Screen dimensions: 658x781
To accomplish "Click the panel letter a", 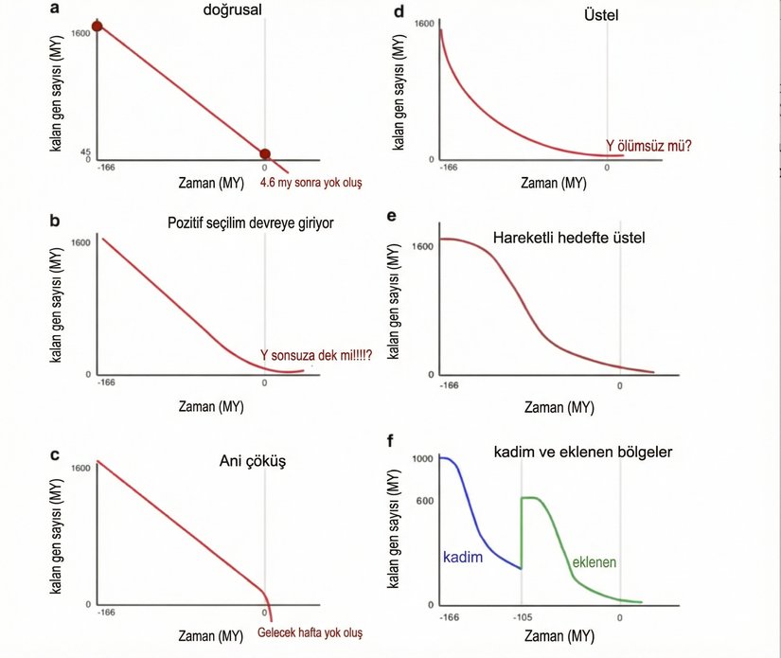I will [56, 9].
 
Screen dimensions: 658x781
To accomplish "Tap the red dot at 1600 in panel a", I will [97, 26].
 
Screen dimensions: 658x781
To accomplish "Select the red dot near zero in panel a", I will [265, 154].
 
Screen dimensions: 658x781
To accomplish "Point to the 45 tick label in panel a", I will [84, 151].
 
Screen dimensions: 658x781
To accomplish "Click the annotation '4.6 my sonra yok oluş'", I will [311, 181].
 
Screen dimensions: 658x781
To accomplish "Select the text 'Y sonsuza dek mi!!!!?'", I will [315, 355].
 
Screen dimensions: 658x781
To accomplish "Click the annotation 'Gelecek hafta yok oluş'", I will [310, 632].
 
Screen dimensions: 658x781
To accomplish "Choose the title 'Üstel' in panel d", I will [575, 15].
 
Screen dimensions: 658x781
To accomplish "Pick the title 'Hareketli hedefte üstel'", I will [569, 238].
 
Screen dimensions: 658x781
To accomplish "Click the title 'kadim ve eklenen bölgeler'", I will [583, 453].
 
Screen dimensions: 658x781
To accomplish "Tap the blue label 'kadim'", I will [464, 558].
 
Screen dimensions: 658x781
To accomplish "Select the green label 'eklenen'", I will [594, 562].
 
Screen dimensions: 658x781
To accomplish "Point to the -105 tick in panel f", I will [521, 617].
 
